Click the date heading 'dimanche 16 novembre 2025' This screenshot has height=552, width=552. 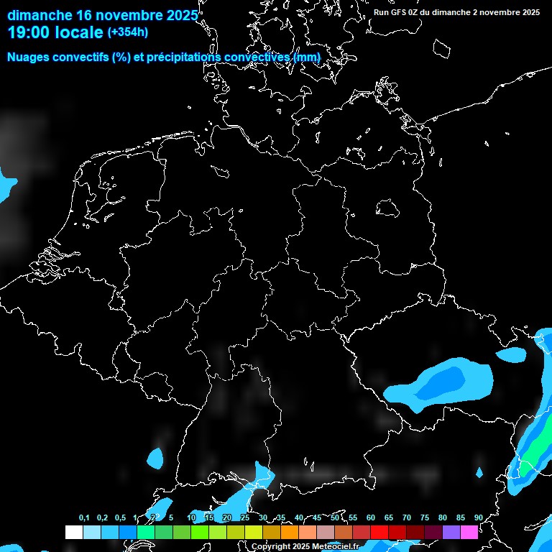pos(102,15)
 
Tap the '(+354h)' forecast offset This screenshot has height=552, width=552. pos(129,32)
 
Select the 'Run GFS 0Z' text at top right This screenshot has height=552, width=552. pos(400,12)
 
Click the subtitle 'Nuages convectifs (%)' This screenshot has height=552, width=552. pos(69,57)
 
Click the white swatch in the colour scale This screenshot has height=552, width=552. pos(74,532)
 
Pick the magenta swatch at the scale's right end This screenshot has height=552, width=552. pos(469,532)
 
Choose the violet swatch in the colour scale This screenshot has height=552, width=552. pos(451,532)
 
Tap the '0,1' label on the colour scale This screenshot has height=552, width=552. pos(84,518)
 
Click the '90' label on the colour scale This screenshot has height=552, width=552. pos(478,518)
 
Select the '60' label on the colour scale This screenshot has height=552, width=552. pos(370,518)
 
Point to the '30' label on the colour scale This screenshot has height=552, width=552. pos(263,518)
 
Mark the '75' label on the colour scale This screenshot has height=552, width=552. pos(424,518)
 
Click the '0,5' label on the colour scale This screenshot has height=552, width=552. pos(120,518)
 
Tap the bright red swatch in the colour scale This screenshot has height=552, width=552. pos(379,532)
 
